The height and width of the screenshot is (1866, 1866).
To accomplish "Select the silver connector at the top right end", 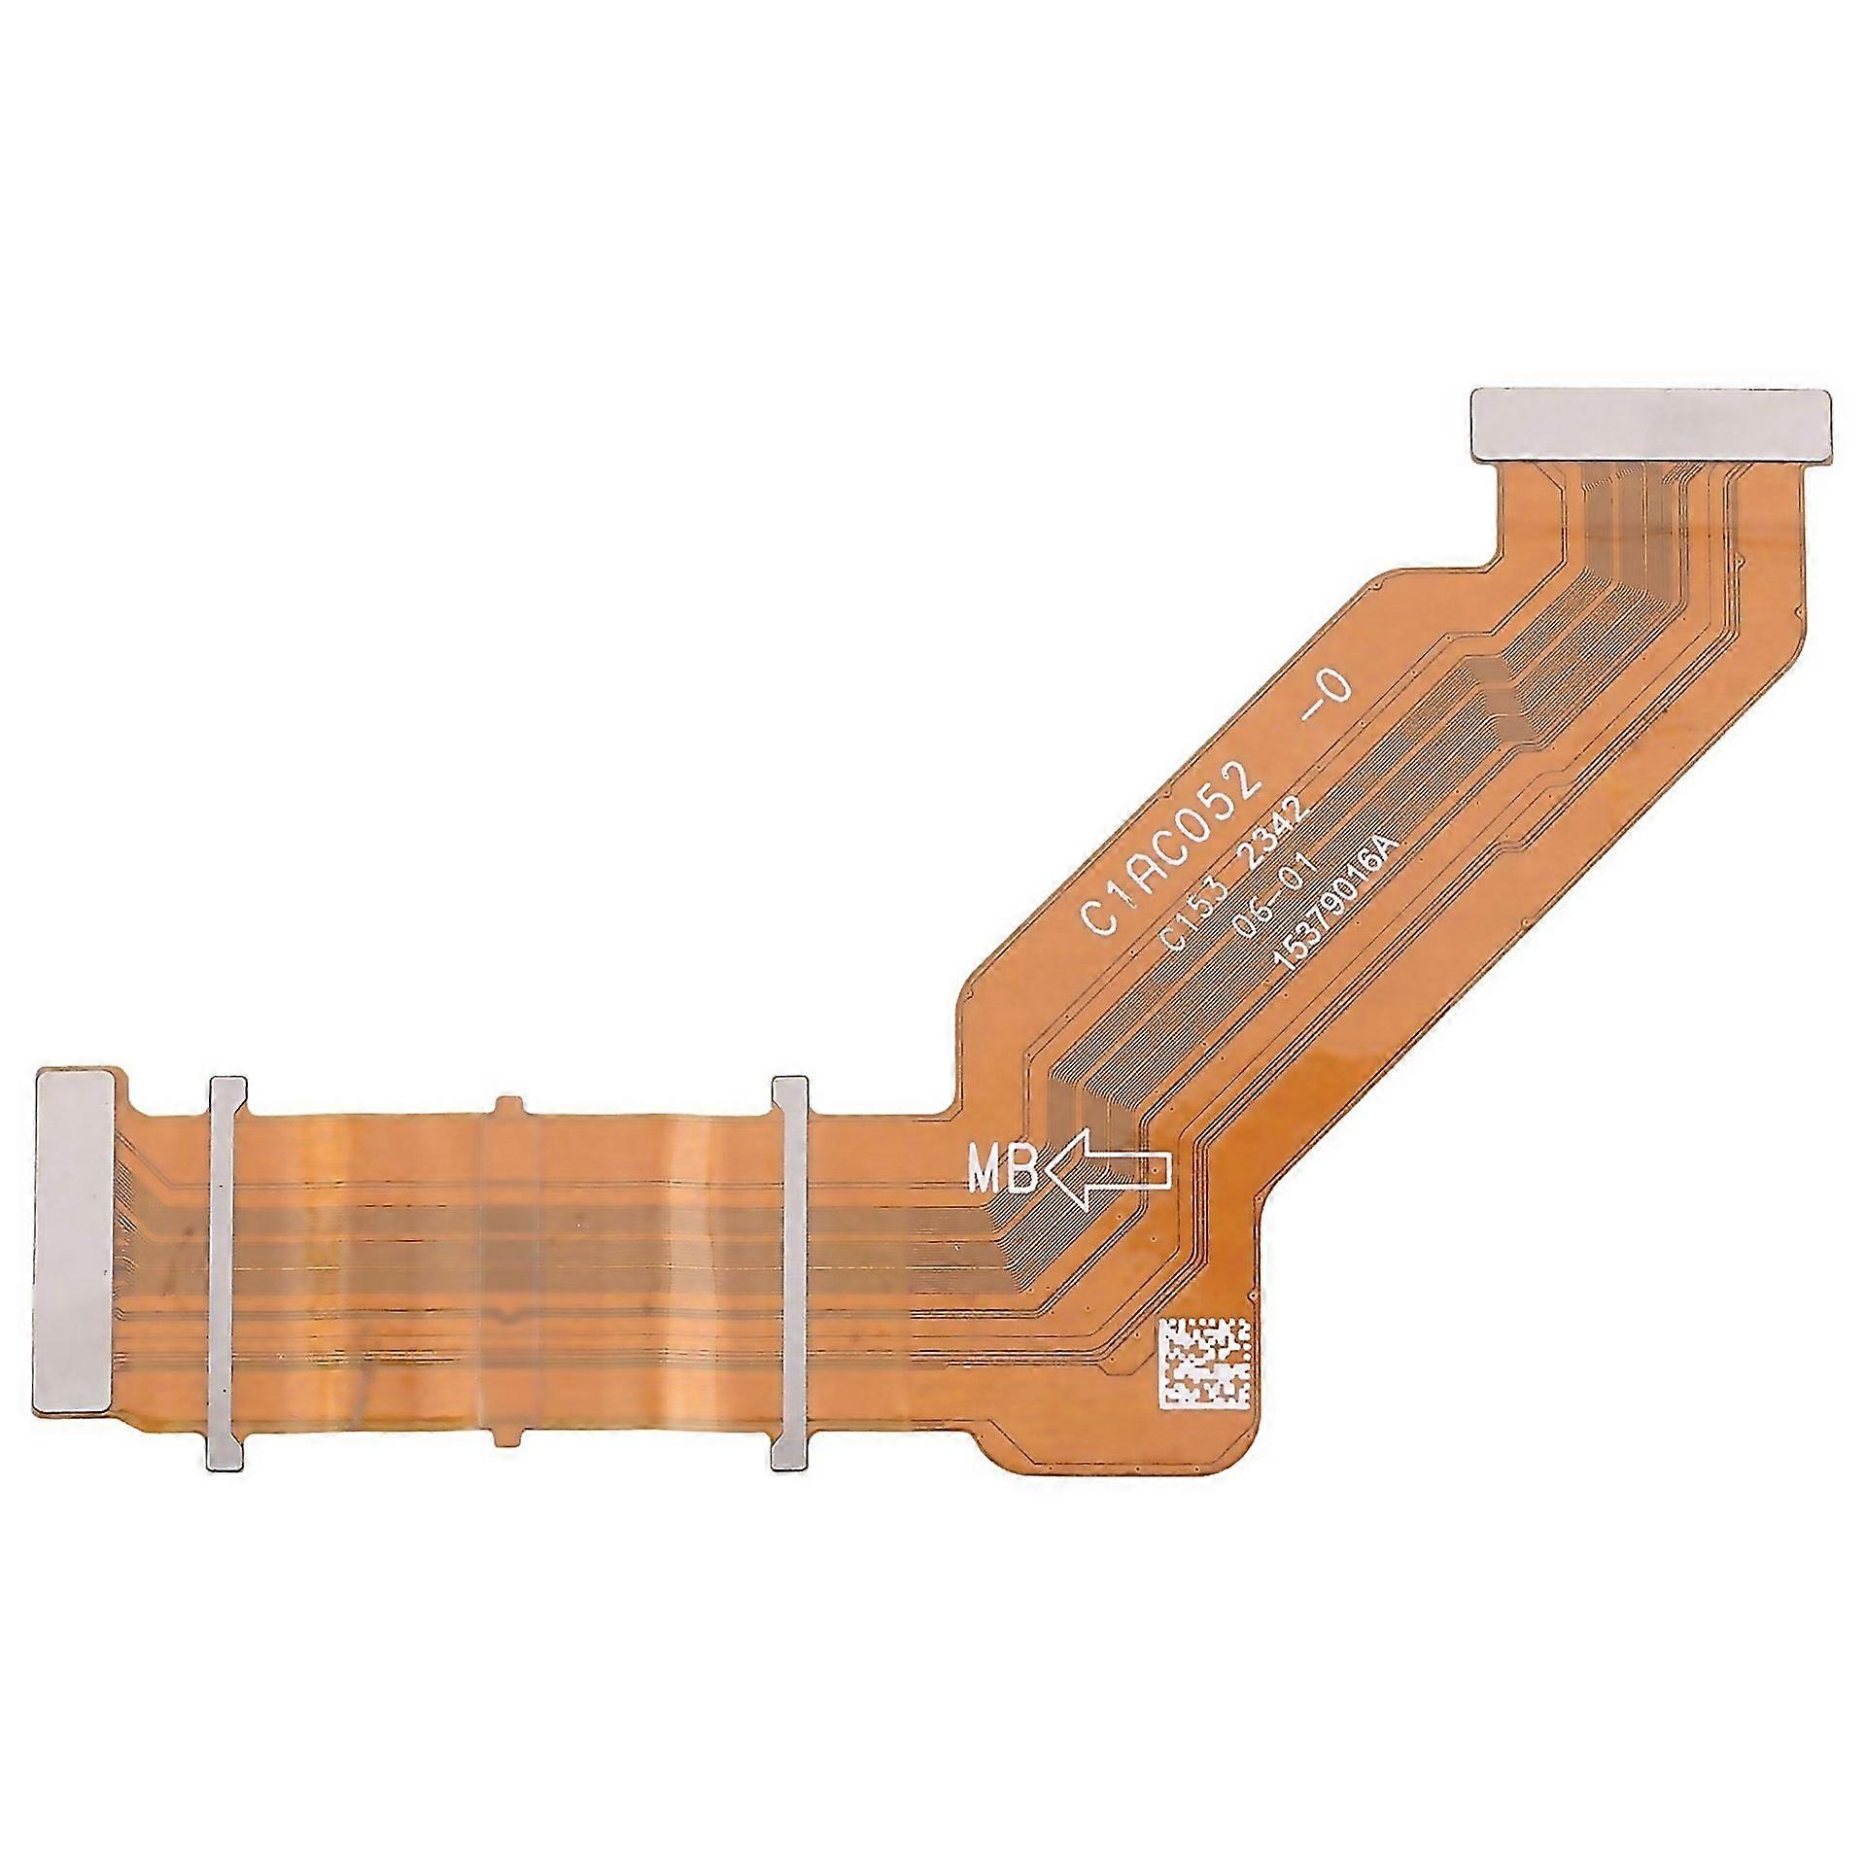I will point(1651,424).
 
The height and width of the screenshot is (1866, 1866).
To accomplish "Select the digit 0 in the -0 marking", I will point(1336,689).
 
